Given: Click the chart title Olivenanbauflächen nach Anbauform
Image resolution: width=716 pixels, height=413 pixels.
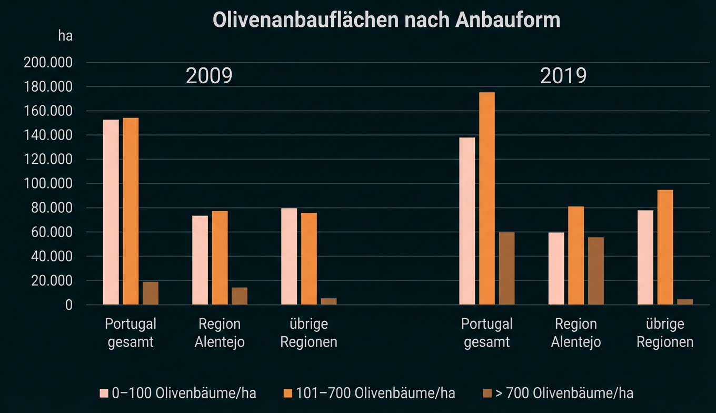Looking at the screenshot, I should [386, 20].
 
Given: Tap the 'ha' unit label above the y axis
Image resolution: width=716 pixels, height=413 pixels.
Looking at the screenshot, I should [65, 36].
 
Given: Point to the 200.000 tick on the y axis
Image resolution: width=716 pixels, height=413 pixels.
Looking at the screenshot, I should [48, 63].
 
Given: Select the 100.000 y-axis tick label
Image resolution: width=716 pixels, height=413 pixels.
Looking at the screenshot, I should [48, 184].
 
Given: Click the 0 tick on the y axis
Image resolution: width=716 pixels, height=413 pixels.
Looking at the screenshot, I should [68, 305].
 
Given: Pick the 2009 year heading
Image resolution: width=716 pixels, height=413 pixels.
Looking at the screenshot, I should [209, 76].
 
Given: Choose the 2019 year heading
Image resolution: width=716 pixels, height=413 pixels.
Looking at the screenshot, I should [563, 76].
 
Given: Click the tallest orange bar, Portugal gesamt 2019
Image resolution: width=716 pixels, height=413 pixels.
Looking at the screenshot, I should [487, 199].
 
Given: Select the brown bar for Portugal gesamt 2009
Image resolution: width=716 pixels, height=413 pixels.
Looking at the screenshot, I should [151, 293].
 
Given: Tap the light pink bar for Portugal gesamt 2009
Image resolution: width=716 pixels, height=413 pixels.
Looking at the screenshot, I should [111, 212].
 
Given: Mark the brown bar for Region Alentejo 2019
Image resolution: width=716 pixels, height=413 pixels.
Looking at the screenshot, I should [596, 271].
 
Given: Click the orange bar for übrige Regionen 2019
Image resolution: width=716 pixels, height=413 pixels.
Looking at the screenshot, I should [665, 247].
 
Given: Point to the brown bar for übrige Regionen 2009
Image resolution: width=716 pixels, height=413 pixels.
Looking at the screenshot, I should [329, 301].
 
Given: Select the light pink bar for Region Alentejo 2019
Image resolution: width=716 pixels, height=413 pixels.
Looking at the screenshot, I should [556, 269].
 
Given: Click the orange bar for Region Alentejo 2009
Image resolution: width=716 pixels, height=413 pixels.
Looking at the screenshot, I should [220, 258].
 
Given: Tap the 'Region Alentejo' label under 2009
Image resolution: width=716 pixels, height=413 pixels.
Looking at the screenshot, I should [220, 332].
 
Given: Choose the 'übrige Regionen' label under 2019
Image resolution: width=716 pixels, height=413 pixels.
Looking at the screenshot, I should [665, 332].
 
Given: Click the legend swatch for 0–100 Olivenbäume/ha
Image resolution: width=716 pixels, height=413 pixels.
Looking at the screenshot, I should [104, 394].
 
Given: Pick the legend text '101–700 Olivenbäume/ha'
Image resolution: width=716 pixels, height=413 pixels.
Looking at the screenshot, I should [375, 393].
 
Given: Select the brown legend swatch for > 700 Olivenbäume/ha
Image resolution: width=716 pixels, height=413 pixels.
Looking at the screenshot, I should [487, 394].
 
